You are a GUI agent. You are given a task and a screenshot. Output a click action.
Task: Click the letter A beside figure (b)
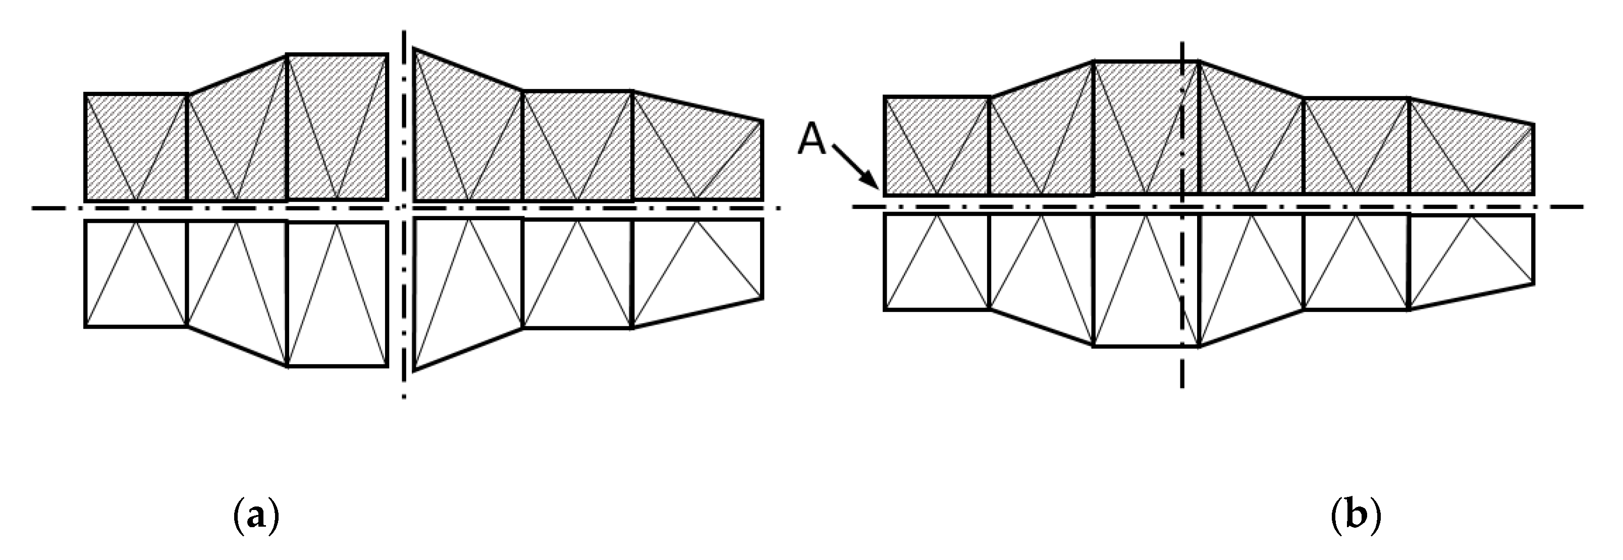coord(813,140)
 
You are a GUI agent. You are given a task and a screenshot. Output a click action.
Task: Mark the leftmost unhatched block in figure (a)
coord(136,274)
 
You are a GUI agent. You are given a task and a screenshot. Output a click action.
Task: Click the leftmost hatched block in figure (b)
coord(937,146)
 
